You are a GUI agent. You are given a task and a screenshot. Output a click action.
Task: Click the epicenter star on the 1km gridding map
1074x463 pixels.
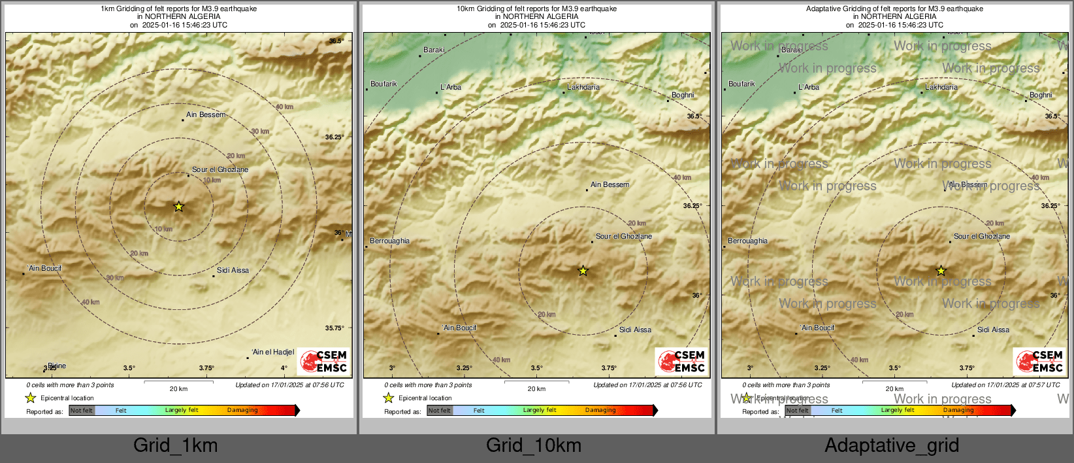(178, 207)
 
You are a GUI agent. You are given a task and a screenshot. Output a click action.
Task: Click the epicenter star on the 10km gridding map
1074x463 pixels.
(583, 271)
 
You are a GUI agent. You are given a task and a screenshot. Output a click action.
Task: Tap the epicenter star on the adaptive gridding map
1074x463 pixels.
(941, 271)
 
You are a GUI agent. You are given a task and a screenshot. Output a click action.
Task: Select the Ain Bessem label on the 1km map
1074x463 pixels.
(206, 115)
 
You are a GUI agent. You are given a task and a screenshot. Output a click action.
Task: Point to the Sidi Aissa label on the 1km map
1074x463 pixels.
(233, 270)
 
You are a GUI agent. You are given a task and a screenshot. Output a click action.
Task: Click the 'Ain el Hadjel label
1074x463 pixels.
(273, 352)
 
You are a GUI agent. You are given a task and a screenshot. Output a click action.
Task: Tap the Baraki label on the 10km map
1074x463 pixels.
(434, 50)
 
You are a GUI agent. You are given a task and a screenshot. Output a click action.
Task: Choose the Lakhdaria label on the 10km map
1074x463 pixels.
(583, 87)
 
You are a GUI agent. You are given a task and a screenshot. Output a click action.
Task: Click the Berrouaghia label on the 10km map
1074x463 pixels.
(389, 241)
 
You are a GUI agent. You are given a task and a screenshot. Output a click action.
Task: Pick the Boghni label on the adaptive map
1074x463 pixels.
(1041, 95)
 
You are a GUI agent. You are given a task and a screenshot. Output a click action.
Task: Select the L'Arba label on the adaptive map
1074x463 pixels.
(809, 87)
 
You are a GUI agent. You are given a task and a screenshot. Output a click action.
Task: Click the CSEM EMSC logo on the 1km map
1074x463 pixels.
(324, 362)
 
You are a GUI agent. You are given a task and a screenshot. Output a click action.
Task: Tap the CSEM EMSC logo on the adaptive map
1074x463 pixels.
(1040, 362)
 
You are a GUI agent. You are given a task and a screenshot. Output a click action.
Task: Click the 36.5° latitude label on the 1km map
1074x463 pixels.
(336, 41)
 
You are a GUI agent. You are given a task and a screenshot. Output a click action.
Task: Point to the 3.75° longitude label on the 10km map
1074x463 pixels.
(609, 368)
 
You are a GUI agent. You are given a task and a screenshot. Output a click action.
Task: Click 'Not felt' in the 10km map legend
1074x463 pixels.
(440, 411)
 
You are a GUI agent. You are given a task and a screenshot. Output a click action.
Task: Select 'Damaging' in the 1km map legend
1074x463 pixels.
(242, 410)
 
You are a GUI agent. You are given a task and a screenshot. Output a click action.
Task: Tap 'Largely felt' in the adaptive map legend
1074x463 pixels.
(897, 410)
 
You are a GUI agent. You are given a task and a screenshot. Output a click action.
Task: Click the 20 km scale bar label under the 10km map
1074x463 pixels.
(536, 389)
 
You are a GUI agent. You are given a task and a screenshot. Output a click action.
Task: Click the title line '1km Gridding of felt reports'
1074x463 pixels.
(178, 9)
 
